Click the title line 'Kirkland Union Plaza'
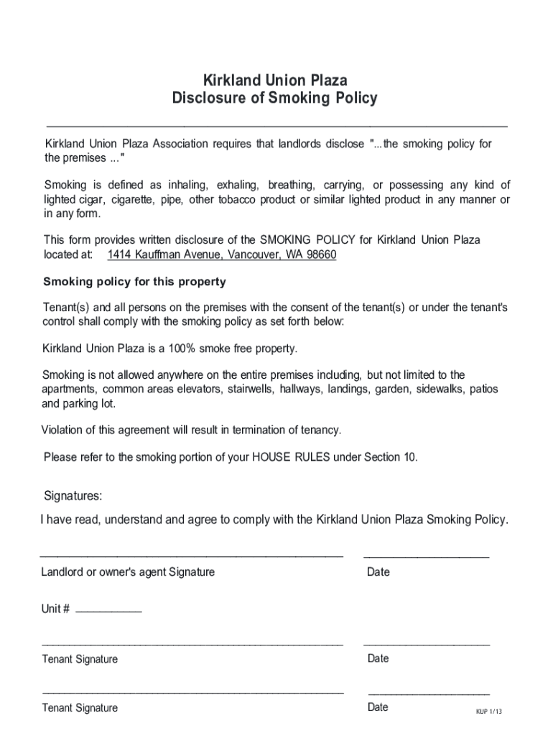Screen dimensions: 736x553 pyautogui.click(x=275, y=80)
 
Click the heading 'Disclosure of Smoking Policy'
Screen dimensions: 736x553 pyautogui.click(x=275, y=98)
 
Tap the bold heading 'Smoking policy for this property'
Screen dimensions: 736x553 pyautogui.click(x=135, y=282)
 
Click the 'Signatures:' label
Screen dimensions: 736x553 pyautogui.click(x=73, y=496)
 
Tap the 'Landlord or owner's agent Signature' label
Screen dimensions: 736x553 pyautogui.click(x=128, y=572)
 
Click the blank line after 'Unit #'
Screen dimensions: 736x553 pyautogui.click(x=108, y=611)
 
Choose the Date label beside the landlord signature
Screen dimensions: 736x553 pyautogui.click(x=378, y=572)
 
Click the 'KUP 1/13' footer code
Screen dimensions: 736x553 pyautogui.click(x=488, y=712)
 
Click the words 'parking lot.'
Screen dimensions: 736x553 pyautogui.click(x=90, y=404)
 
